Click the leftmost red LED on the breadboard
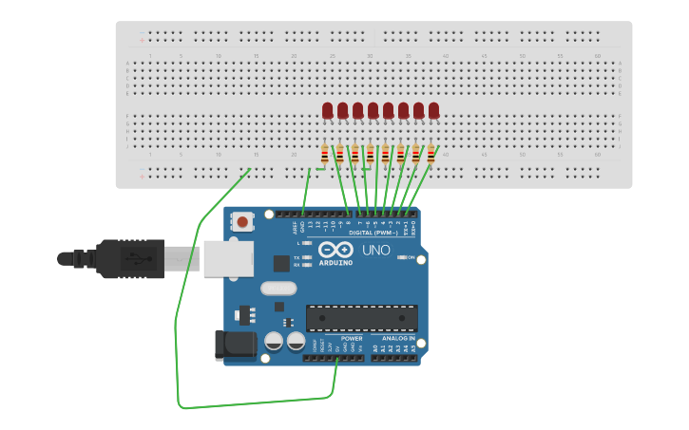[328, 111]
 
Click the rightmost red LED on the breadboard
[434, 111]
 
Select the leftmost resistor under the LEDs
[325, 154]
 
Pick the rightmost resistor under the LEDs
[431, 154]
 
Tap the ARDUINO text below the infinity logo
[335, 263]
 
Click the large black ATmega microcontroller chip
[361, 319]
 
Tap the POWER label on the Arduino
[352, 338]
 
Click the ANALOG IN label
[398, 338]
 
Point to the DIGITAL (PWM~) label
[373, 233]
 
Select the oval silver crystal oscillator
[278, 288]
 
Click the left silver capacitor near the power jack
[274, 342]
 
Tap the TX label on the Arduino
[297, 257]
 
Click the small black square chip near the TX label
[281, 264]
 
